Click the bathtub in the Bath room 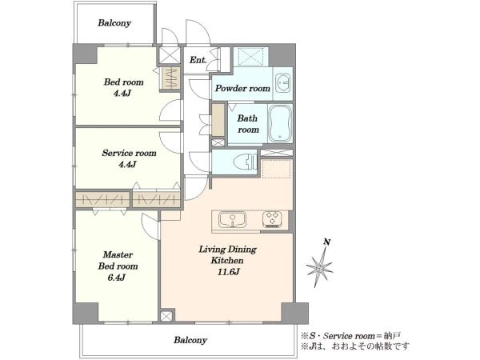point(280,123)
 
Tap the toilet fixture point(246,161)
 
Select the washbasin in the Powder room point(283,83)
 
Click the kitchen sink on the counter point(232,219)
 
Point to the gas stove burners point(272,219)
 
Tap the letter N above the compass point(327,242)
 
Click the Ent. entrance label point(198,60)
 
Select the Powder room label point(242,89)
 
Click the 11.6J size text point(228,272)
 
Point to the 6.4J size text point(116,278)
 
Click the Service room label point(129,153)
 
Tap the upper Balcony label point(114,23)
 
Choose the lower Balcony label point(190,340)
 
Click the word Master point(118,254)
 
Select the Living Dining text point(228,249)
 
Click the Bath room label point(248,124)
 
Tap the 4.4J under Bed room point(122,93)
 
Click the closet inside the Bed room point(170,78)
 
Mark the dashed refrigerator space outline point(276,168)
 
